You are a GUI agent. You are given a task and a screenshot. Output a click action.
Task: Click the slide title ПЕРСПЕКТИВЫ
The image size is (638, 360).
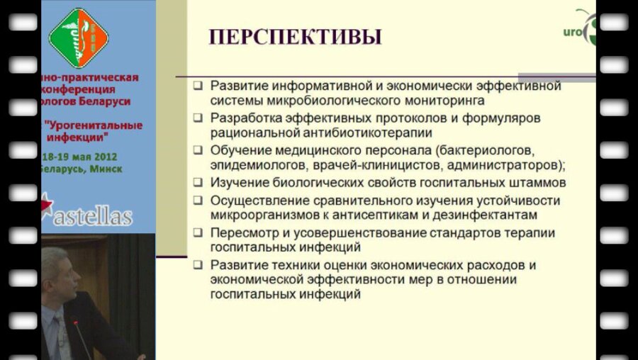point(295,37)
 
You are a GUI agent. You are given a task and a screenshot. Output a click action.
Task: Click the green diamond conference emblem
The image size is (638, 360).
point(78,37)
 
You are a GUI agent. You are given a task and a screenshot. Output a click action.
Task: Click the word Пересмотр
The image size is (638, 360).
point(244,232)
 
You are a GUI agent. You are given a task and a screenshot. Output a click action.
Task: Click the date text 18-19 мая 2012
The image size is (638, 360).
point(78,156)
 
